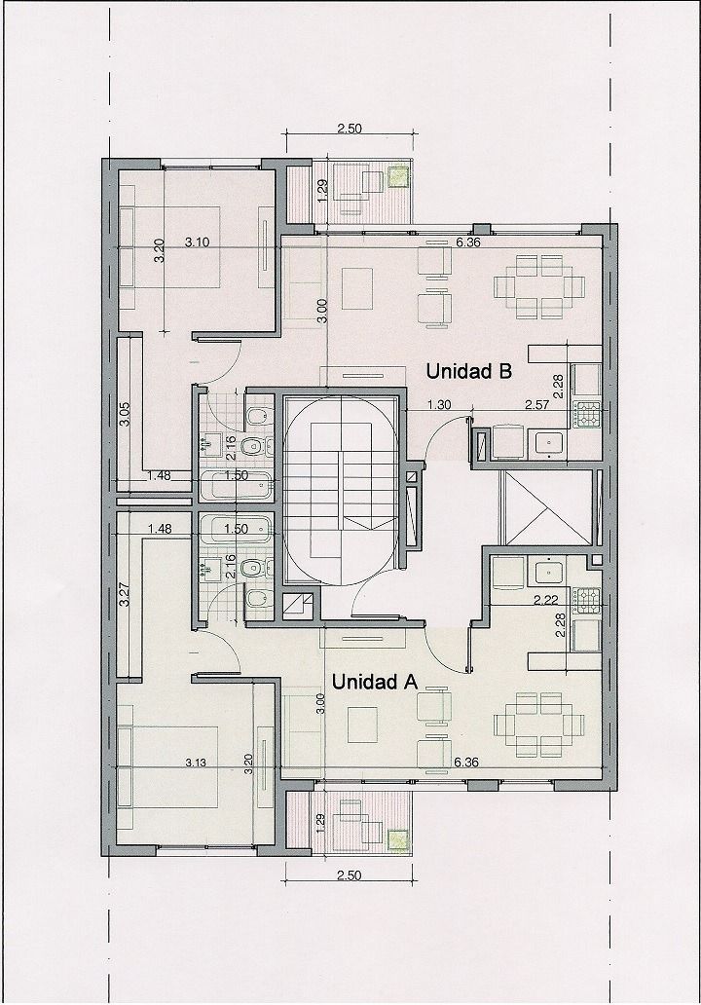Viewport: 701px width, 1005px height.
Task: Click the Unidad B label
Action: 469,371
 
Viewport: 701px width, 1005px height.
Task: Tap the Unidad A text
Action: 375,682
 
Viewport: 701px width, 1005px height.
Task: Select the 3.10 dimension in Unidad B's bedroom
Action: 198,242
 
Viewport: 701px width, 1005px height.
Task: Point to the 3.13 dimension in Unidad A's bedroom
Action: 196,763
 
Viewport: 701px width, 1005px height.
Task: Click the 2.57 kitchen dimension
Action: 537,404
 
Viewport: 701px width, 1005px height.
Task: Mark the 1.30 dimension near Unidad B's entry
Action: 439,404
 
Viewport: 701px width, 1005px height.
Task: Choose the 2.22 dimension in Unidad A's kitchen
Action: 546,601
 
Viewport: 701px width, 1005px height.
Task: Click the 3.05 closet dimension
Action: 127,414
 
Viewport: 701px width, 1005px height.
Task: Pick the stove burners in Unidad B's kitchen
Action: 588,414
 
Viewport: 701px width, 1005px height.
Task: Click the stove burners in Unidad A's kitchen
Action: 588,600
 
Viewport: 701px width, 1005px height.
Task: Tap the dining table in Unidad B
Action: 538,286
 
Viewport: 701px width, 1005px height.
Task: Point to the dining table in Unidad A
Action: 538,724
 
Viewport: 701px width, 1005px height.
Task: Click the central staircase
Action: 342,488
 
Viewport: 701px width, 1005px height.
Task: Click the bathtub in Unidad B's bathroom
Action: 235,486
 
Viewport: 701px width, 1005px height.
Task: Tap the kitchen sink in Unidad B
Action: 548,443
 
